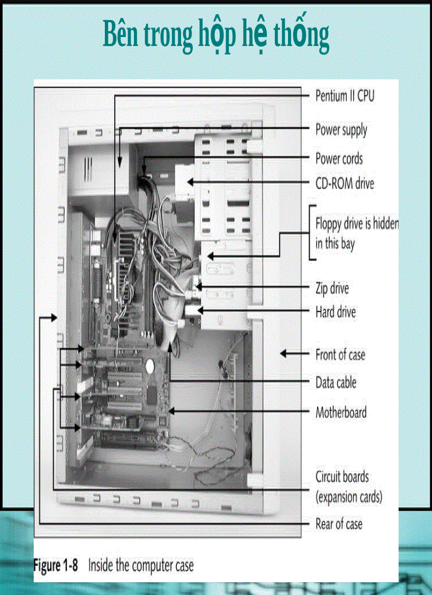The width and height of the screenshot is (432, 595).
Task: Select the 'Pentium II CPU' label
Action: (x=345, y=96)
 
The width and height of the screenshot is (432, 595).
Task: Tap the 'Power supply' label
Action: (x=341, y=129)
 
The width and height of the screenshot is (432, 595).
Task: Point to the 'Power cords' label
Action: (x=339, y=158)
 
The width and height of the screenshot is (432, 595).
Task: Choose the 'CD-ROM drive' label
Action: (x=345, y=183)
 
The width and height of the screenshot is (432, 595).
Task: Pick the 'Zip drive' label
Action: (x=332, y=289)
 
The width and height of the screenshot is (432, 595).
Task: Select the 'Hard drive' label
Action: (x=335, y=312)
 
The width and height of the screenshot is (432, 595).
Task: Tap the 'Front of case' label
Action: (x=340, y=354)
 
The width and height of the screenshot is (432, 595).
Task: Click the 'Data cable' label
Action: (x=336, y=382)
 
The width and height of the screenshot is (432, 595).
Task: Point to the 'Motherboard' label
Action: (x=340, y=412)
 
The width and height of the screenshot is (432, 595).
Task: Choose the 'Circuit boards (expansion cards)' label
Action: (x=348, y=486)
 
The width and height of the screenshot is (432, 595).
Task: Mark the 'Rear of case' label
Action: (x=339, y=524)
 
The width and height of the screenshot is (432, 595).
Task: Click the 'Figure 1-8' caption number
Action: (x=56, y=565)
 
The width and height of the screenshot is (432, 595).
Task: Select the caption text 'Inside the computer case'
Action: (x=141, y=565)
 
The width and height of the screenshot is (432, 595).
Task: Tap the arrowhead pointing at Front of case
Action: (x=284, y=353)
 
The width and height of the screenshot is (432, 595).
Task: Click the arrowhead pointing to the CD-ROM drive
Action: (x=190, y=181)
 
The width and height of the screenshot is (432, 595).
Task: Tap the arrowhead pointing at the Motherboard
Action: (x=171, y=411)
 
